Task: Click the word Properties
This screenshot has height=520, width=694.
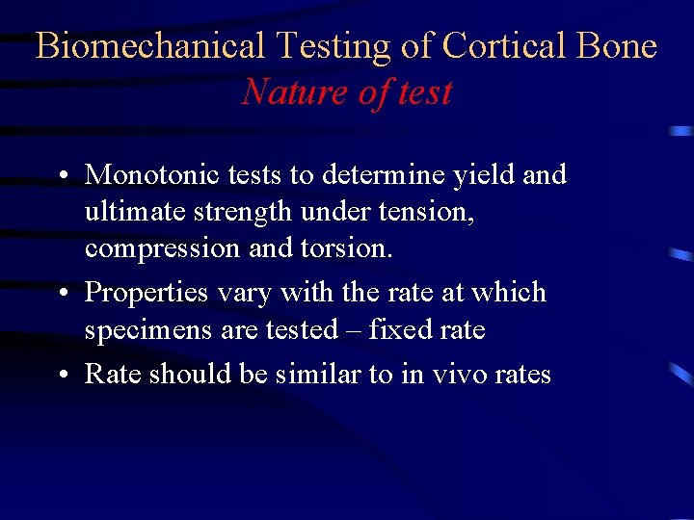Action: tap(147, 292)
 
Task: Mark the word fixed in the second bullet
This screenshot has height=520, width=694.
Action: tap(393, 329)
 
